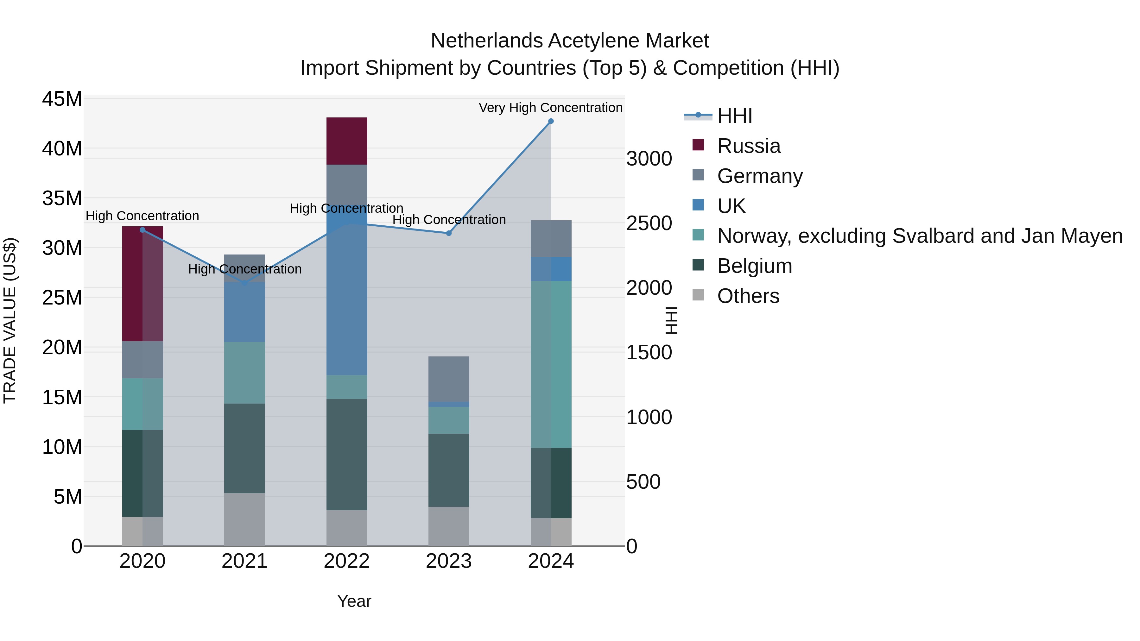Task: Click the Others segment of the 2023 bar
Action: click(448, 526)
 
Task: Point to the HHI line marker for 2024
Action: click(551, 121)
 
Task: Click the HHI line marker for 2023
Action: click(448, 233)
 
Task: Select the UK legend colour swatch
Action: click(698, 205)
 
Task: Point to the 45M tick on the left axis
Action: click(62, 99)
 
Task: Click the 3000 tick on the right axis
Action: click(649, 159)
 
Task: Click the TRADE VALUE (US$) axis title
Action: click(10, 320)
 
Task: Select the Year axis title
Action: click(354, 601)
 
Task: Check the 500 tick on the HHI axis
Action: click(643, 482)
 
